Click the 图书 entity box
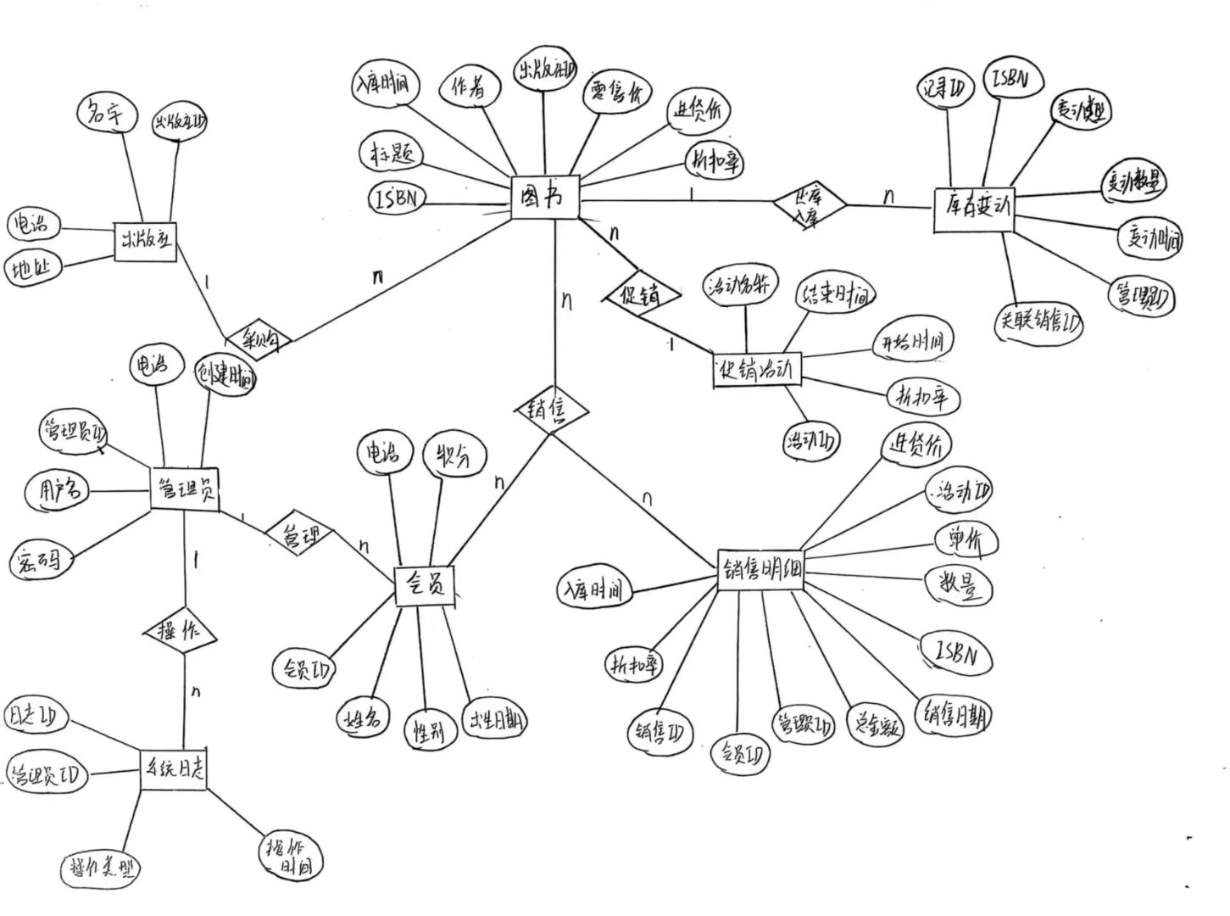(x=545, y=198)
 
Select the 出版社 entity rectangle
(x=145, y=241)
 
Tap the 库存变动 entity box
(x=977, y=209)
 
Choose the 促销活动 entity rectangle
(x=756, y=370)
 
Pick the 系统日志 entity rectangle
(x=172, y=769)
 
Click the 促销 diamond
(x=643, y=295)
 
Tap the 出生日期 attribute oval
(x=494, y=722)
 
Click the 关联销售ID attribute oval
(x=1038, y=323)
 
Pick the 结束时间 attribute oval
(x=834, y=295)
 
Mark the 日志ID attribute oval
(x=35, y=716)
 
